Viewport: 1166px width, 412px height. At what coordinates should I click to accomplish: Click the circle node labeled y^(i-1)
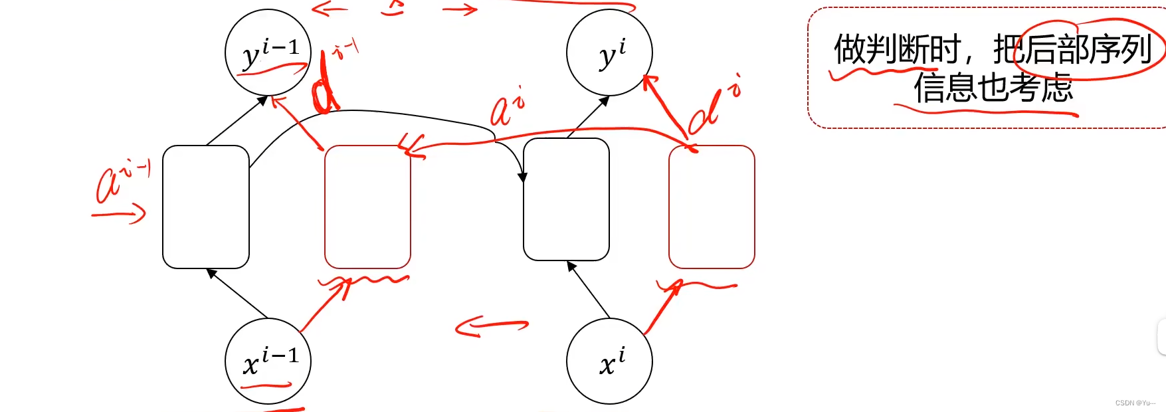[x=268, y=52]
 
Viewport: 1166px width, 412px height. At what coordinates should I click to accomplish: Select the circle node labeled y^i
[x=609, y=52]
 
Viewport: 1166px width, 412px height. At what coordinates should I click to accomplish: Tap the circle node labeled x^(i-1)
[x=268, y=361]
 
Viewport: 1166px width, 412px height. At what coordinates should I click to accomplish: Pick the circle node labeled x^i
[x=609, y=361]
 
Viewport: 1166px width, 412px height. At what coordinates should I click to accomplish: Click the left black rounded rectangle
[x=206, y=207]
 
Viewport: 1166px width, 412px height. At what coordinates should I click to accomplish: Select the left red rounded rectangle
[x=367, y=207]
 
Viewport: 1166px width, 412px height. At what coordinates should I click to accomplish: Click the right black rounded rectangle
[x=566, y=199]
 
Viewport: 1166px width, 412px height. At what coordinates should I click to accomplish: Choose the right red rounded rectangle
[x=712, y=207]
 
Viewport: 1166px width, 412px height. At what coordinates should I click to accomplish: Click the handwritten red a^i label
[x=507, y=108]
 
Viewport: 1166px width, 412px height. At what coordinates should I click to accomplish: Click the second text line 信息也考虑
[x=993, y=88]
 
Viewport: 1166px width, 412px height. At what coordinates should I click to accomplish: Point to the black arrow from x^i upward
[x=589, y=290]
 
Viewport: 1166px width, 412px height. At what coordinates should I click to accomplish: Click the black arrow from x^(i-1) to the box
[x=237, y=293]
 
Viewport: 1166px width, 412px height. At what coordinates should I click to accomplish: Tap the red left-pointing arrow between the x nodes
[x=492, y=326]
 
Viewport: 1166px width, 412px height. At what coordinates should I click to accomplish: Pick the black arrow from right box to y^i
[x=588, y=117]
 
